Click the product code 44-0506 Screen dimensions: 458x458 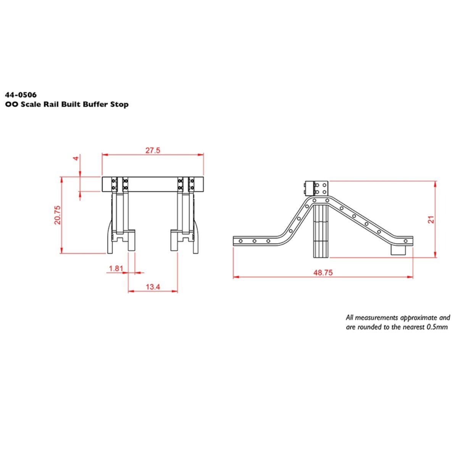click(x=21, y=95)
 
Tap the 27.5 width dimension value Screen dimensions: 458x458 click(x=153, y=150)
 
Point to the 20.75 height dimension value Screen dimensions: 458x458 click(x=57, y=214)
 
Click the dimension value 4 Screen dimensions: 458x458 click(x=76, y=158)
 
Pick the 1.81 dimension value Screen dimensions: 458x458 click(x=116, y=268)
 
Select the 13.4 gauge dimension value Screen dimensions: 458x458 click(x=153, y=287)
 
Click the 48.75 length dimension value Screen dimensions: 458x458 click(x=323, y=273)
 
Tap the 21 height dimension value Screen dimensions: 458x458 click(x=431, y=220)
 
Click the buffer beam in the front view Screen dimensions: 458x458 click(x=153, y=184)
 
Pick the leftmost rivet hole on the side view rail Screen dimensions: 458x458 click(x=241, y=241)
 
